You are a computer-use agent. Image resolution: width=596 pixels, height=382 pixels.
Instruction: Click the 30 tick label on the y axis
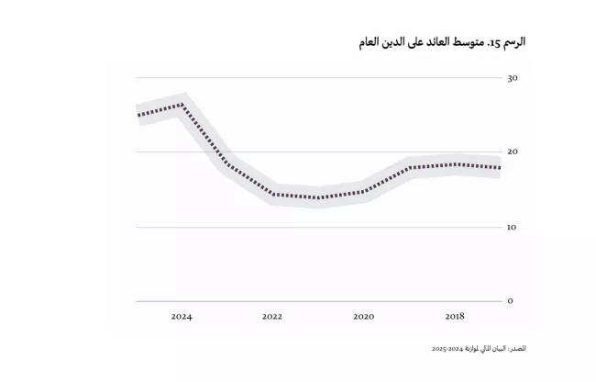(512, 78)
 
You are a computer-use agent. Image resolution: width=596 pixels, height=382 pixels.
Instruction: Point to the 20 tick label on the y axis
(512, 152)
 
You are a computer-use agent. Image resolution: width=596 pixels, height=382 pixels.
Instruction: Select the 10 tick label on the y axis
(512, 226)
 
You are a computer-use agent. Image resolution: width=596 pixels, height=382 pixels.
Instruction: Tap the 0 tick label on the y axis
(510, 300)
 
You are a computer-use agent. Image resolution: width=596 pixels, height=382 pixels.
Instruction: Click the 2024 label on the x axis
(182, 317)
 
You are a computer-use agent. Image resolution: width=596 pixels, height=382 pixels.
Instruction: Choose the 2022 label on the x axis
(272, 317)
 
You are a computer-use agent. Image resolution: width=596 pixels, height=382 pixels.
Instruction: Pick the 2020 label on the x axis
(363, 317)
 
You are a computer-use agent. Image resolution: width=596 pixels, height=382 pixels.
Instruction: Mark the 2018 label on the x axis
(454, 317)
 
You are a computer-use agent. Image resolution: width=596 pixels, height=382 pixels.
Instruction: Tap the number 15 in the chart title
(492, 43)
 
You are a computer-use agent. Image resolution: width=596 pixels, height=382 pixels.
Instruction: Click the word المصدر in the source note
(516, 349)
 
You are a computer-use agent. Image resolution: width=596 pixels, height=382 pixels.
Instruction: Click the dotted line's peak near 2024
(182, 104)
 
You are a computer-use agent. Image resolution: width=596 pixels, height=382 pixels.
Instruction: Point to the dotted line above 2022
(272, 194)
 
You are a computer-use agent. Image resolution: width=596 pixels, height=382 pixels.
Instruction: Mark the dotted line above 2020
(363, 192)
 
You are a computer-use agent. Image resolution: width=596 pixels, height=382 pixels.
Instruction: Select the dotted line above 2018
(454, 165)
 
